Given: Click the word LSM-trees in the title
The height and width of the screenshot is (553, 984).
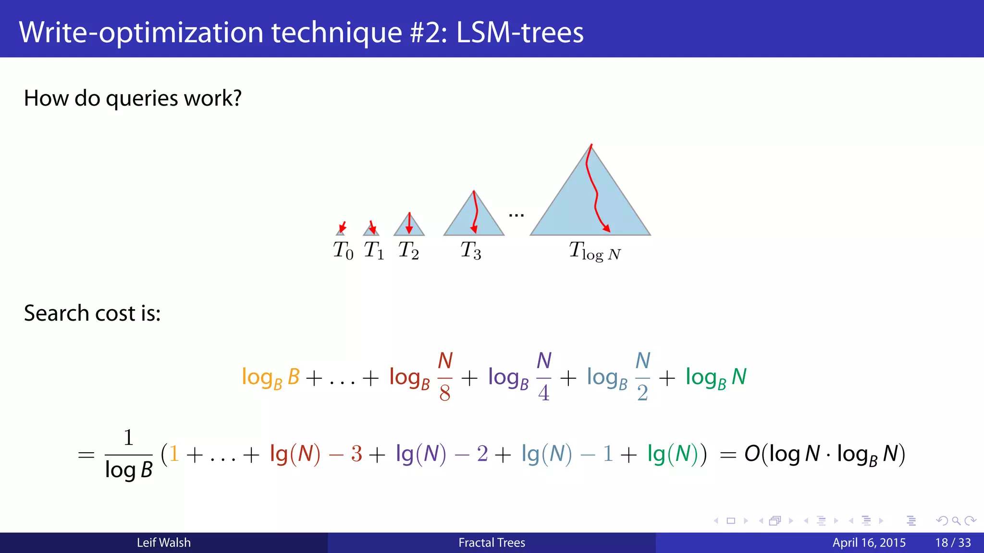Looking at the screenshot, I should point(519,33).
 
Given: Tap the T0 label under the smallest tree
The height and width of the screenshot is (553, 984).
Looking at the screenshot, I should point(343,250).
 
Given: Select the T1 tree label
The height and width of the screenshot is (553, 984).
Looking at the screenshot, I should point(374,250).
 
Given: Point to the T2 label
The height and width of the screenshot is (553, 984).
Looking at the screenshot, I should point(408,250).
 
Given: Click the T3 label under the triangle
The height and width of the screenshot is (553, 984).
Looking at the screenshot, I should point(471,250).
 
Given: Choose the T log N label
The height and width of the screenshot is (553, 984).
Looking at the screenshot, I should point(595,251).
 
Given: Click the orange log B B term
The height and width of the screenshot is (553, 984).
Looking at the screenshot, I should point(271,377).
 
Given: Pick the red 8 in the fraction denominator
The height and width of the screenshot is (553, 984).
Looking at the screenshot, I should point(445,393).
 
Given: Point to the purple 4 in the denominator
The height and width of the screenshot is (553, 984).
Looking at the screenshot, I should point(544,393).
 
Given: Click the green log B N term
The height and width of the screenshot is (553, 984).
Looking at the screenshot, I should point(716,377).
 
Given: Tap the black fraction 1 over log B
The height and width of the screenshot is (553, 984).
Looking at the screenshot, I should point(128,454).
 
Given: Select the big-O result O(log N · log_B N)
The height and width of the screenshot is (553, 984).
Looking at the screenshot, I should point(824,454).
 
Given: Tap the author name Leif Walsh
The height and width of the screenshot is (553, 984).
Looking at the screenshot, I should point(163,542).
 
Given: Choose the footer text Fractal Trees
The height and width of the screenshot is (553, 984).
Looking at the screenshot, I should point(492,542).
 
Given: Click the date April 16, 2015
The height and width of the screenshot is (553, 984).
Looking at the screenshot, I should point(869,542).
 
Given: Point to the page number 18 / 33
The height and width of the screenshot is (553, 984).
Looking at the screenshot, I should point(953,542).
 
